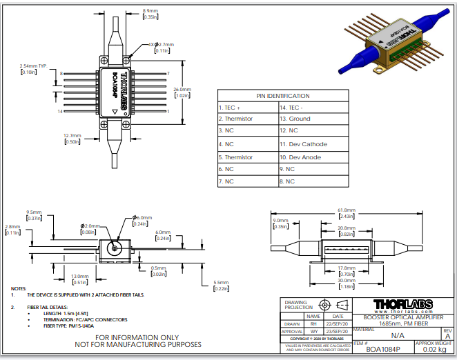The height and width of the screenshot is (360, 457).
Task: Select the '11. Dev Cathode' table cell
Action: [x=304, y=144]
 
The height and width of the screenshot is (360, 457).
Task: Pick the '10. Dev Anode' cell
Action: [x=300, y=157]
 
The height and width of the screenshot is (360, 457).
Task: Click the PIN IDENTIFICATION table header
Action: [x=283, y=96]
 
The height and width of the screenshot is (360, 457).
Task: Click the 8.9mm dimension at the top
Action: [x=150, y=11]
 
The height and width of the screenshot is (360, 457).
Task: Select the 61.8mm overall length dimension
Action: [x=346, y=210]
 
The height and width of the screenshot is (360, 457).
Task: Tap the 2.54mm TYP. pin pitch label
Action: [x=32, y=66]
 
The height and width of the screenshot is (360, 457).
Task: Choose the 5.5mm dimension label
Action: [x=221, y=283]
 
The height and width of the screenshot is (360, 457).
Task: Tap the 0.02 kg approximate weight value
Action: [x=434, y=350]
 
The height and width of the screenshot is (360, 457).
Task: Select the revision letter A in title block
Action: [x=447, y=334]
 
